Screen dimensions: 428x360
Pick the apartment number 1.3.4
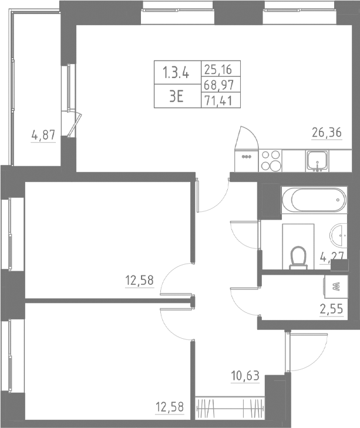pos(176,73)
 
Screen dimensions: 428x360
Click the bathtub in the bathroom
pos(311,202)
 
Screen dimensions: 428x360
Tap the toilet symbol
pos(299,257)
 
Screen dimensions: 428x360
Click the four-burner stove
pos(271,160)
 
